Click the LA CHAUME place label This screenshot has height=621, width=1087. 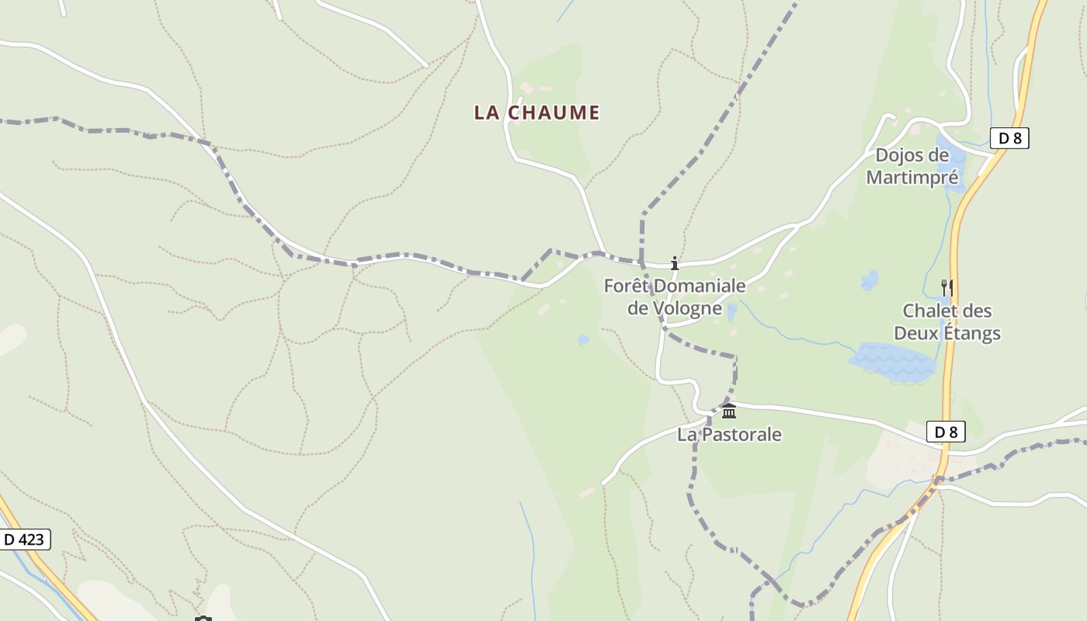(537, 113)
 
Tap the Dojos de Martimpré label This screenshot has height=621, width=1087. (912, 166)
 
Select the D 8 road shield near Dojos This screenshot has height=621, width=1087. (1009, 139)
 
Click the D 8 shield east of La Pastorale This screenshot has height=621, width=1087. (946, 432)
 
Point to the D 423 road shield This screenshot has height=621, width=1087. (24, 539)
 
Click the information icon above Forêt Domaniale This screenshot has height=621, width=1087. (675, 263)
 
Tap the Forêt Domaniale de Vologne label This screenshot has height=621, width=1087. (675, 297)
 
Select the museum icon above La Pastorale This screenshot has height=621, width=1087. (728, 411)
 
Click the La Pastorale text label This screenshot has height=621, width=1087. (729, 435)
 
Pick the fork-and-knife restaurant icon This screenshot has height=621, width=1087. (946, 288)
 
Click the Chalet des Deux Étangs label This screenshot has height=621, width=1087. (946, 322)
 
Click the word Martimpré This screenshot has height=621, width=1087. (912, 178)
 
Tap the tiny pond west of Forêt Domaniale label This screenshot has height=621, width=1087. (583, 340)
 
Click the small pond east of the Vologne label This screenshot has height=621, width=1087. (731, 311)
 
